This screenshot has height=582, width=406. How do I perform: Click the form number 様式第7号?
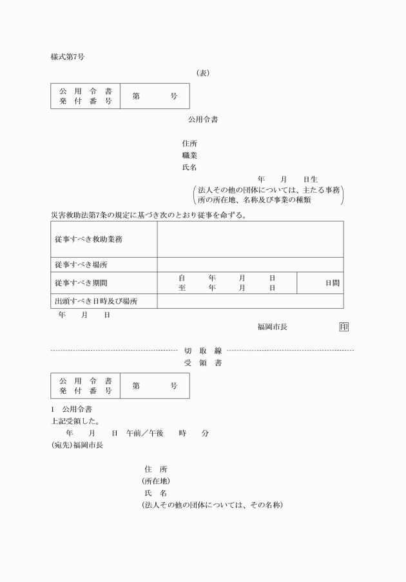tap(68, 57)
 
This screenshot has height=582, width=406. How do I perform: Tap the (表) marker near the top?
tap(202, 73)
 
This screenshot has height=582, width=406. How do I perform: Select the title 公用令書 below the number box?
tap(202, 119)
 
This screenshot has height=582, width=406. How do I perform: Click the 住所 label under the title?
tap(189, 143)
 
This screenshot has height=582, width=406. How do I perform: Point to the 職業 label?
tap(189, 155)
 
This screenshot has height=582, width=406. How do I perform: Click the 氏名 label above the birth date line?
tap(189, 168)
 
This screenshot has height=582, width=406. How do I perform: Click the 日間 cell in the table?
tap(332, 283)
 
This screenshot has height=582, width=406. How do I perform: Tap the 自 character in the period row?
tap(182, 278)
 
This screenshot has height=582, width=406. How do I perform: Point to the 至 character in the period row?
tap(182, 288)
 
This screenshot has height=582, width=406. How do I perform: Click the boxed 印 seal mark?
tap(343, 327)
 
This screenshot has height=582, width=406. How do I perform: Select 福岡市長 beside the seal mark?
tap(272, 327)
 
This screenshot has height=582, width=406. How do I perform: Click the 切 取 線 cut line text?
tap(203, 351)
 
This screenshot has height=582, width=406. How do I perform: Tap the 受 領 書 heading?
tap(203, 363)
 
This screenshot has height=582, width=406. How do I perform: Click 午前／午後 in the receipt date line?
tap(145, 433)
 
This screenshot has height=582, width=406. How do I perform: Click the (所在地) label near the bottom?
tap(156, 481)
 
